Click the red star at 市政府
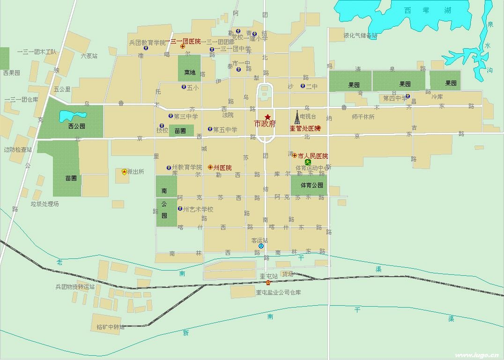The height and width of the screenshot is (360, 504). [267, 117]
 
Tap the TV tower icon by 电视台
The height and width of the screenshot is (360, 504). [296, 117]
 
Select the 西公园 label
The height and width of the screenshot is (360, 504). [77, 126]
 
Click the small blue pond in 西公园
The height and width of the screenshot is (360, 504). [73, 115]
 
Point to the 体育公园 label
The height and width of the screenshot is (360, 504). [311, 185]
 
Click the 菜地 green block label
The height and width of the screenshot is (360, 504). [190, 73]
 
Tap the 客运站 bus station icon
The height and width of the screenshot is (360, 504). [261, 246]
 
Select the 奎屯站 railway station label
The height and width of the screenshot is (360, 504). [268, 277]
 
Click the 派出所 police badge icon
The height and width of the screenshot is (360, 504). [124, 172]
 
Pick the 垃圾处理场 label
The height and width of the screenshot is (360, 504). [45, 204]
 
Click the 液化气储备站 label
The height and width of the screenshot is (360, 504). [360, 35]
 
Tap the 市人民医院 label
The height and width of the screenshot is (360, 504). [313, 156]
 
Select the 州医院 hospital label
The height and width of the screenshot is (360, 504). [222, 168]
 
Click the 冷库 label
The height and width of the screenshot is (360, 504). [437, 97]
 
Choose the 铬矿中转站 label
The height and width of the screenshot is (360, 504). [111, 327]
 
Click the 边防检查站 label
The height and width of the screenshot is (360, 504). [18, 150]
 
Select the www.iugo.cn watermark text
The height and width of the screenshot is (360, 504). [473, 355]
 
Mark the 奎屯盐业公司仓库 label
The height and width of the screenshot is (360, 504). [278, 293]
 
